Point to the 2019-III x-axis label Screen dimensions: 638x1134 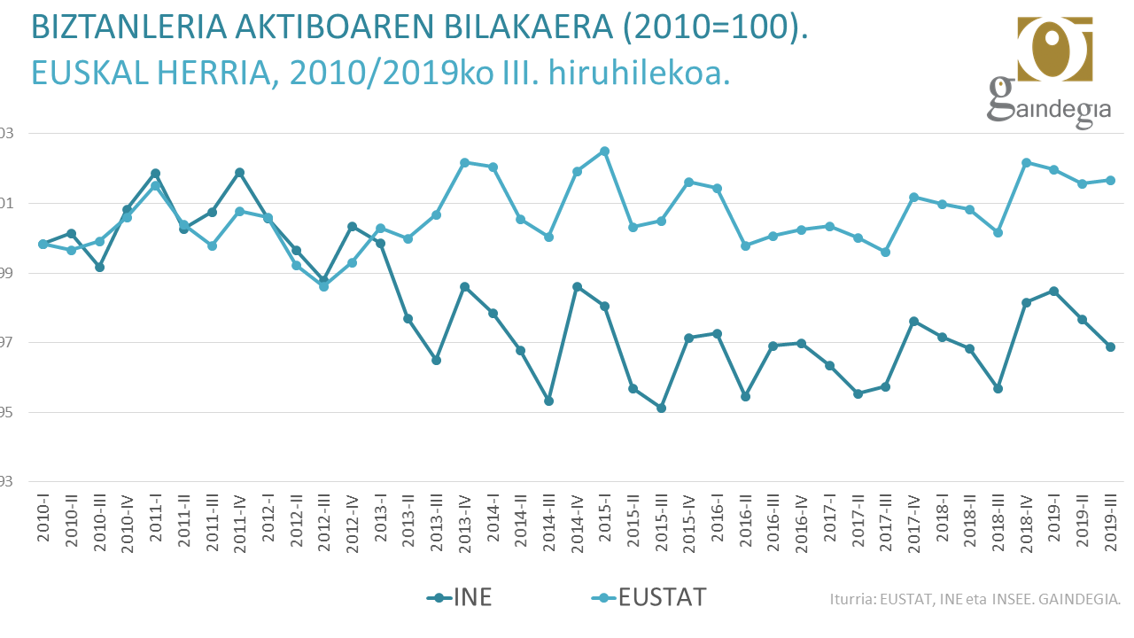point(1110,522)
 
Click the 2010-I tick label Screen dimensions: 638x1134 point(43,522)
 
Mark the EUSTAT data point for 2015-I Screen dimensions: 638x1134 point(605,151)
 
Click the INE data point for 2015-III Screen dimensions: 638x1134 point(661,408)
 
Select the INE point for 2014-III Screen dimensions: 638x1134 point(549,401)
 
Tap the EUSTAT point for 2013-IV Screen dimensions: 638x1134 point(464,162)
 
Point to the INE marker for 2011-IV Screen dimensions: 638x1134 point(239,172)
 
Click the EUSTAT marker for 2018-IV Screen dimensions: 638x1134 point(1026,162)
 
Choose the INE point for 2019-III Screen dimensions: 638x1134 point(1110,346)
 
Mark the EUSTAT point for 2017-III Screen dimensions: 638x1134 point(885,252)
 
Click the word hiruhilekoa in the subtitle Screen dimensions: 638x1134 point(639,72)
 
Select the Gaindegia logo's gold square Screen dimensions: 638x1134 point(1054,49)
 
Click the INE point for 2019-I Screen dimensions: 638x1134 point(1053,291)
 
